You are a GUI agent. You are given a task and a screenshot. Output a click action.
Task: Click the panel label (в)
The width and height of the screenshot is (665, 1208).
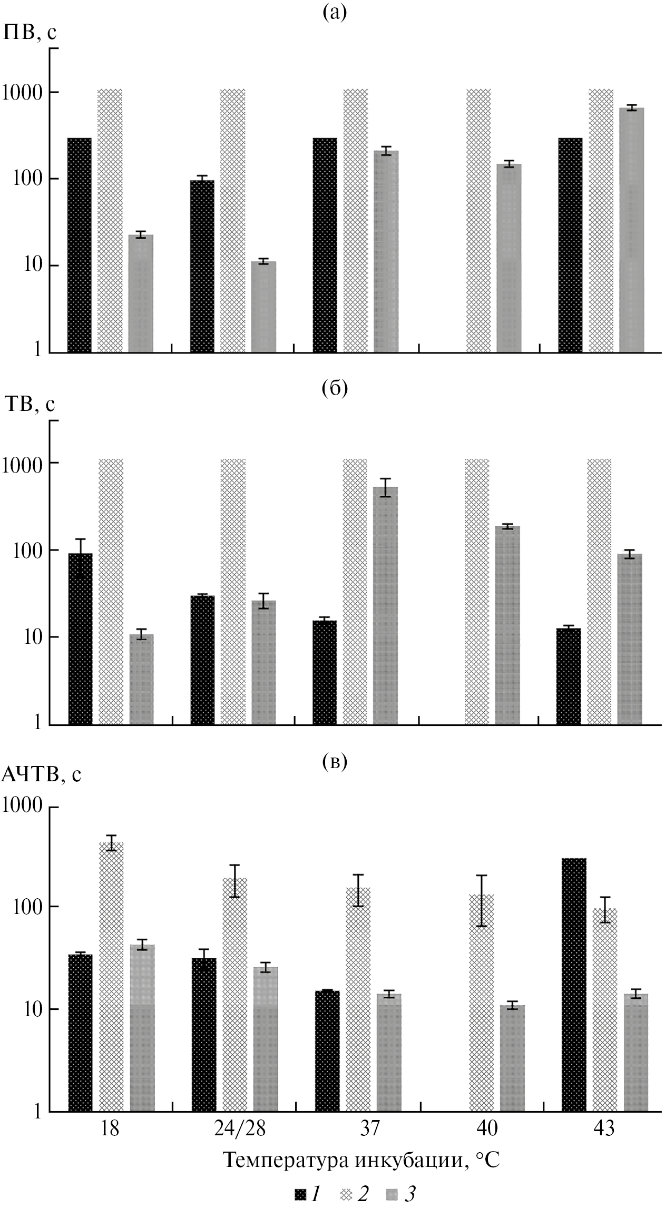(x=334, y=762)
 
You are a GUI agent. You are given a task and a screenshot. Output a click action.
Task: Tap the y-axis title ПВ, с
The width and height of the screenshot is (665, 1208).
(x=30, y=33)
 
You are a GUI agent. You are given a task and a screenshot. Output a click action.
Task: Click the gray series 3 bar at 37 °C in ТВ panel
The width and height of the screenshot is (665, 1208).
(x=386, y=606)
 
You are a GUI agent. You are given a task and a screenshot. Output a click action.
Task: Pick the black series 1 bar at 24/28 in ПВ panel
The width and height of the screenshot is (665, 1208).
(x=202, y=266)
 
